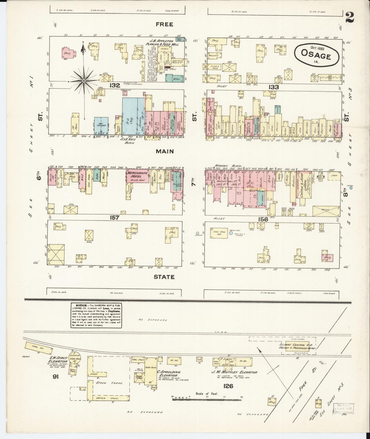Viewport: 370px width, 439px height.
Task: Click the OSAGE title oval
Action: (x=317, y=55)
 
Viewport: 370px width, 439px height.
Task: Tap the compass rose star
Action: (x=84, y=81)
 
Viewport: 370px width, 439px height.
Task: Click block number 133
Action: (x=273, y=87)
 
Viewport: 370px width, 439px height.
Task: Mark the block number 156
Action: (x=263, y=219)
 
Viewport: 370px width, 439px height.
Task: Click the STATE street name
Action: (x=164, y=277)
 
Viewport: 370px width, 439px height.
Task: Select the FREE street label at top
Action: (x=165, y=25)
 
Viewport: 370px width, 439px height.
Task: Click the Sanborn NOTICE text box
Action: (x=96, y=315)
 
